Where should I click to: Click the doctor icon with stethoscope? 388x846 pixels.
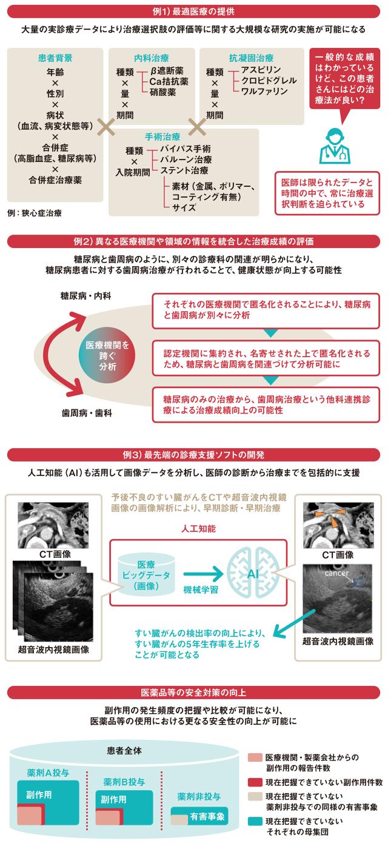pos(335,146)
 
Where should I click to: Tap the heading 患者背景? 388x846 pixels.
pos(55,58)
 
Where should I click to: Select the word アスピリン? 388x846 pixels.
pos(261,70)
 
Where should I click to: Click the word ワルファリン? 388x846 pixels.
pos(264,91)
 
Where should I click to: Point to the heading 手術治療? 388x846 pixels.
pos(162,136)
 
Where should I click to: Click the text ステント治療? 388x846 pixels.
pos(184,170)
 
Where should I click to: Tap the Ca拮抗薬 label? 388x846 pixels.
pos(169,81)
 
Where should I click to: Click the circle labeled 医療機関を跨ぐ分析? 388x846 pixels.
pos(107,355)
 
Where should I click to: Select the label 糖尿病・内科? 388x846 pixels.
pos(85,296)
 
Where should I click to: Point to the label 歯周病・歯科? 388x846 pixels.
pos(87,413)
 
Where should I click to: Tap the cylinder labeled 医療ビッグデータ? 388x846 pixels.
pos(146,575)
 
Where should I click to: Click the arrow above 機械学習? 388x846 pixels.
pos(204,574)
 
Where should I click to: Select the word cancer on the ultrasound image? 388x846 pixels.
pos(336,573)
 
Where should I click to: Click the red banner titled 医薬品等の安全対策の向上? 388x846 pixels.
pos(193,693)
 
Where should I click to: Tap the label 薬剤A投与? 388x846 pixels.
pos(48,773)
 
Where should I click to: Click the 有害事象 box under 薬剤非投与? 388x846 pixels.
pos(199,816)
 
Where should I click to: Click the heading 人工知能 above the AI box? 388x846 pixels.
pos(198,528)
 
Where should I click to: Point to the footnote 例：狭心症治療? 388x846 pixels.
pos(35,213)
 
